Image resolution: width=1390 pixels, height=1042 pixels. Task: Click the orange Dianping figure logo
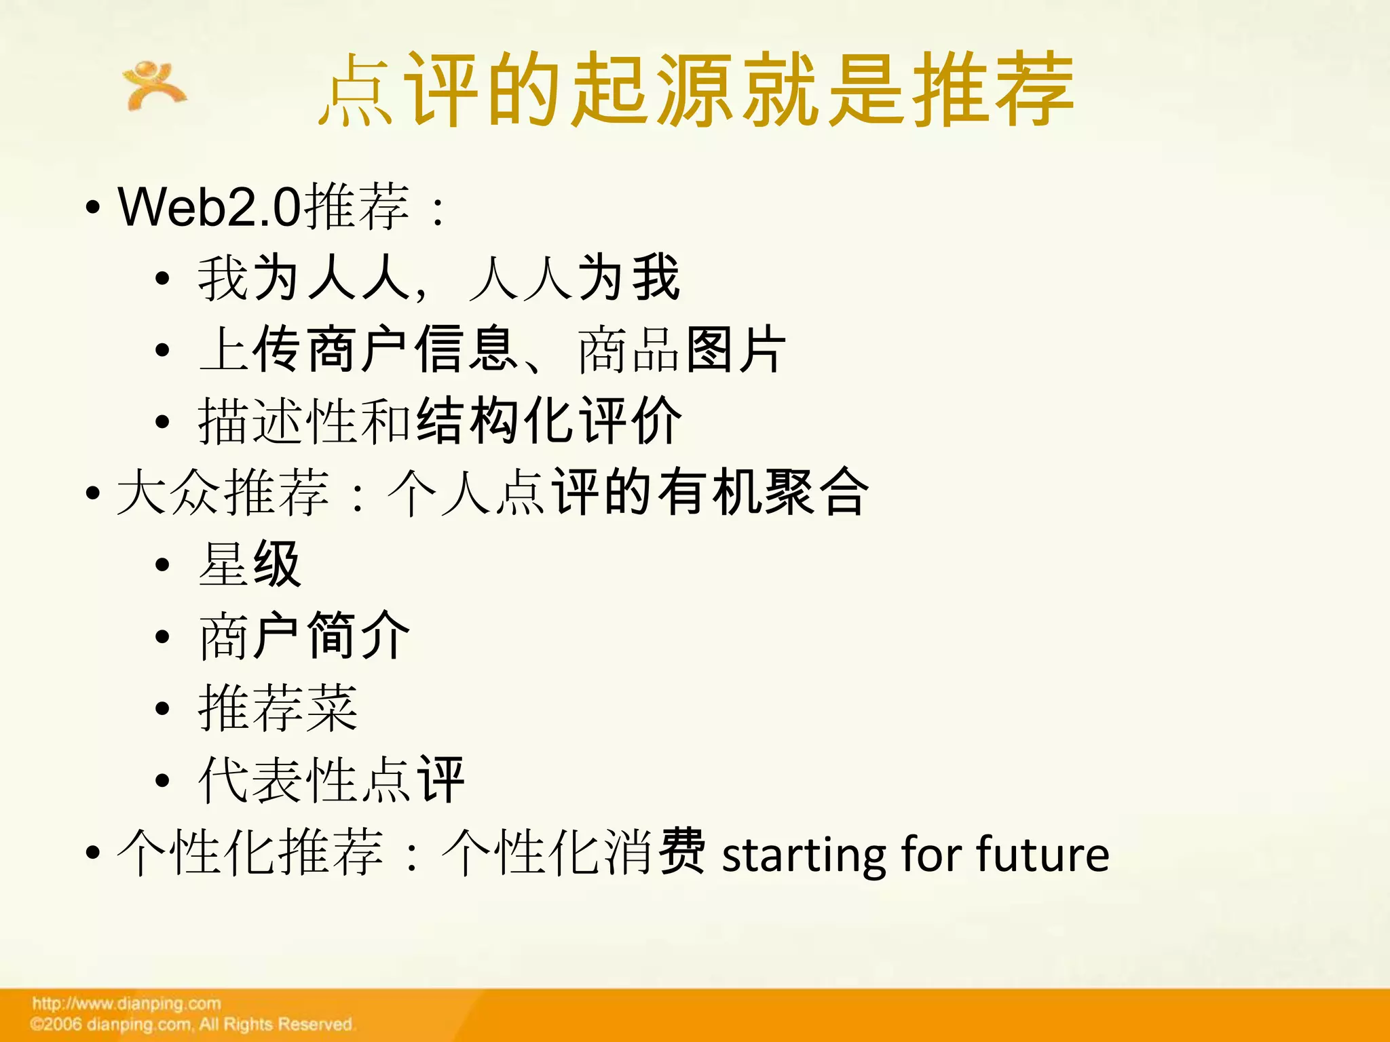click(153, 85)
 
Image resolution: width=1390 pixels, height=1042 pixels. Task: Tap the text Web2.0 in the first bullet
click(209, 207)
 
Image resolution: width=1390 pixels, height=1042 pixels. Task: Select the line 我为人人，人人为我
click(438, 278)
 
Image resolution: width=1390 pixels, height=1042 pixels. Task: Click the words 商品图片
click(681, 350)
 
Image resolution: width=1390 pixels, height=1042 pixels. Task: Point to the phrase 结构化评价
click(548, 421)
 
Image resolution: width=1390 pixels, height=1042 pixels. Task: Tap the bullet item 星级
click(249, 564)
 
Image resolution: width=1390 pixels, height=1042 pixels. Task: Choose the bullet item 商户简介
click(304, 636)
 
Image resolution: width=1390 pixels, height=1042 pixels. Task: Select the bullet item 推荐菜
click(278, 708)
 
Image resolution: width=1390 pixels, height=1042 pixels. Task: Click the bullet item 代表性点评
click(331, 780)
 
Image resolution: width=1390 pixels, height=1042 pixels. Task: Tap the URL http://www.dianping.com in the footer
click(126, 1003)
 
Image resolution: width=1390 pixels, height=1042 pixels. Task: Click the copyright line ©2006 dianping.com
click(191, 1024)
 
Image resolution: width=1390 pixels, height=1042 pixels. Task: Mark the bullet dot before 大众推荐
click(93, 494)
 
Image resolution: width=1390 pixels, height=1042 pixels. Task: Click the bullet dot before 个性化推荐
click(93, 853)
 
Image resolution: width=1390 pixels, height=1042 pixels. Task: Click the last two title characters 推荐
click(992, 90)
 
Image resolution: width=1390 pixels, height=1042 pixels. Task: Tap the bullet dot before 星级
click(162, 565)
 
